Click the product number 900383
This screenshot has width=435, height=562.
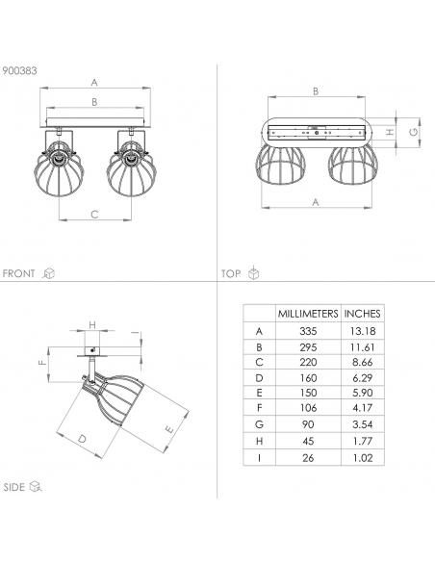(19, 70)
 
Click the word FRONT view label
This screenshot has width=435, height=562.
(18, 273)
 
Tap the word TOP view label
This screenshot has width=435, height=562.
(231, 274)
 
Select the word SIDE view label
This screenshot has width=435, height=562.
(14, 487)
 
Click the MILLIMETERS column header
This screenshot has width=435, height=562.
(308, 314)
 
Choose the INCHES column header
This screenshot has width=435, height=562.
(362, 314)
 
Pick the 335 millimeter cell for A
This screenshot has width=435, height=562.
(308, 331)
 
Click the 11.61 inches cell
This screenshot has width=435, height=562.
(363, 347)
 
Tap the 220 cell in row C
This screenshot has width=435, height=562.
(308, 363)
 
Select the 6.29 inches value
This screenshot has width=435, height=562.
(363, 378)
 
